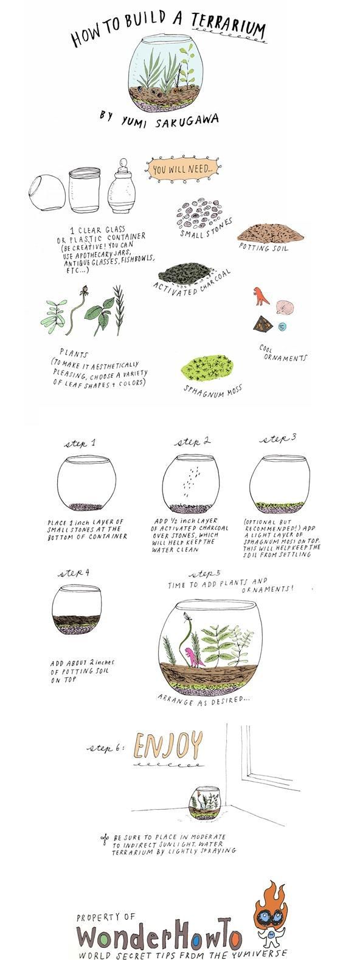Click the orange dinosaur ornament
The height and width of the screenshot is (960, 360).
pos(261,295)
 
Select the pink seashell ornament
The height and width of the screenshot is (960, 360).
pos(284,305)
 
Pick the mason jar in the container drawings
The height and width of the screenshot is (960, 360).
pos(85,190)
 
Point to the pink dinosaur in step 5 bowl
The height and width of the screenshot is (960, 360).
pos(190,657)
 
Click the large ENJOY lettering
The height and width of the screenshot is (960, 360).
pos(168,745)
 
